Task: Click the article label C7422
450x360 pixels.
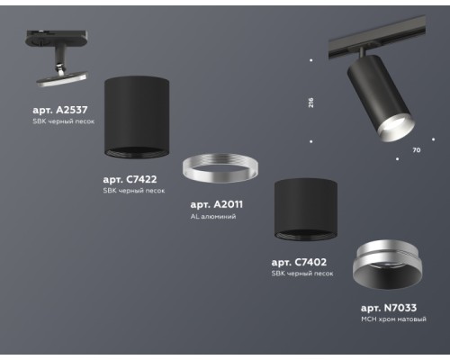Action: click(x=134, y=179)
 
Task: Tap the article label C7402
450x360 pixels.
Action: click(x=298, y=262)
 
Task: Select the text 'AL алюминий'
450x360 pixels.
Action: click(x=213, y=217)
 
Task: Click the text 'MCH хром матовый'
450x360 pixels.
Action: click(x=393, y=319)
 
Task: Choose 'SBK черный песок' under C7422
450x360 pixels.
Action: click(x=134, y=191)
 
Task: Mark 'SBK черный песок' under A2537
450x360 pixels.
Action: click(x=63, y=121)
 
